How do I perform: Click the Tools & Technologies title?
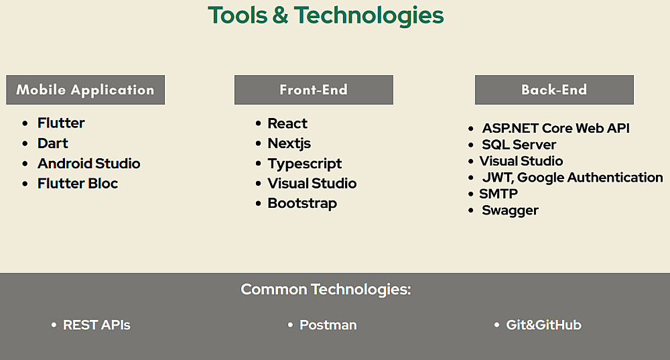(x=326, y=15)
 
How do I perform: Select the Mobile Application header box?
(x=86, y=90)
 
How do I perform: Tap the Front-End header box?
(x=314, y=90)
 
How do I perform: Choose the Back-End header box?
(x=554, y=90)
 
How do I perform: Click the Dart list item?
(x=52, y=143)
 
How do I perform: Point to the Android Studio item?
(x=89, y=164)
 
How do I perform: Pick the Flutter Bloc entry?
(x=78, y=184)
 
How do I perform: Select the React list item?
(x=287, y=123)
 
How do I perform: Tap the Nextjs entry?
(x=289, y=143)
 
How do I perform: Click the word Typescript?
(x=305, y=164)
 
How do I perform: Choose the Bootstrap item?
(x=302, y=204)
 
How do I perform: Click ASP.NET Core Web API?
(x=556, y=128)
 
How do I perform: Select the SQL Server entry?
(x=519, y=145)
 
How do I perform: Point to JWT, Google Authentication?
(x=573, y=178)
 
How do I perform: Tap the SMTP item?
(x=498, y=194)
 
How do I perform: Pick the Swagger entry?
(x=510, y=211)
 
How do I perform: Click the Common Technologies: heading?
(x=326, y=290)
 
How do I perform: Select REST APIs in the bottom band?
(x=96, y=325)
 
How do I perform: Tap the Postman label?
(x=328, y=325)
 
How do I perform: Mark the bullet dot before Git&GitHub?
(x=496, y=325)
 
